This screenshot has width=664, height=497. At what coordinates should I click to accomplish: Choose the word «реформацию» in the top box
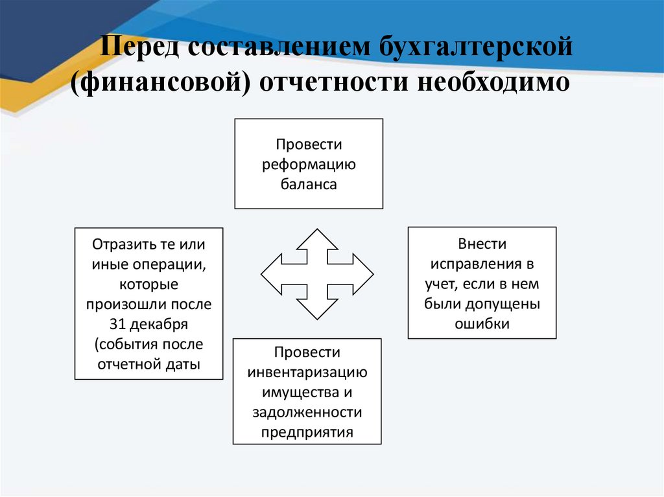309,164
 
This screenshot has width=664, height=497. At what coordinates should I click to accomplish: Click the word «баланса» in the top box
309,184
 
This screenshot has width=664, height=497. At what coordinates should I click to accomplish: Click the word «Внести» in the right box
482,244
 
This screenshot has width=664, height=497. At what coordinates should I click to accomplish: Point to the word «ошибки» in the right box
482,323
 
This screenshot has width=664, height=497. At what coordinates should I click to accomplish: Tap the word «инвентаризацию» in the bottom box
307,373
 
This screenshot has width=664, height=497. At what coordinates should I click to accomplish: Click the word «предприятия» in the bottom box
307,432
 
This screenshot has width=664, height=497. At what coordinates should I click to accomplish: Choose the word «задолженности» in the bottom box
307,412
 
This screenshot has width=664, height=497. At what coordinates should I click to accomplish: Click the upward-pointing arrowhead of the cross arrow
316,238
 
